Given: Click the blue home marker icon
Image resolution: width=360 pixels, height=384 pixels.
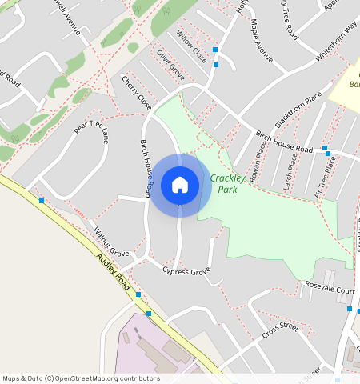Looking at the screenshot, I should tap(180, 185).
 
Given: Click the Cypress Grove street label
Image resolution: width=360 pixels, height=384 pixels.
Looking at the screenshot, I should tap(186, 272).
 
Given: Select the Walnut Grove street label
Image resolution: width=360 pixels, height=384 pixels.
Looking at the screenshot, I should tap(111, 242).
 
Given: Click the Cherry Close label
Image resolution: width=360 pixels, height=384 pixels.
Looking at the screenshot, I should tap(136, 93).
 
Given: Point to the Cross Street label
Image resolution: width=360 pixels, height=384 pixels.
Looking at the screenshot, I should tap(279, 327).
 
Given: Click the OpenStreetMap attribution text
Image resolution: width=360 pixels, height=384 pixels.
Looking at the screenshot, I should tap(81, 378).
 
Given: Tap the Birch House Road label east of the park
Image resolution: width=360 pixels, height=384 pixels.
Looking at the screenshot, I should tap(283, 142).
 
